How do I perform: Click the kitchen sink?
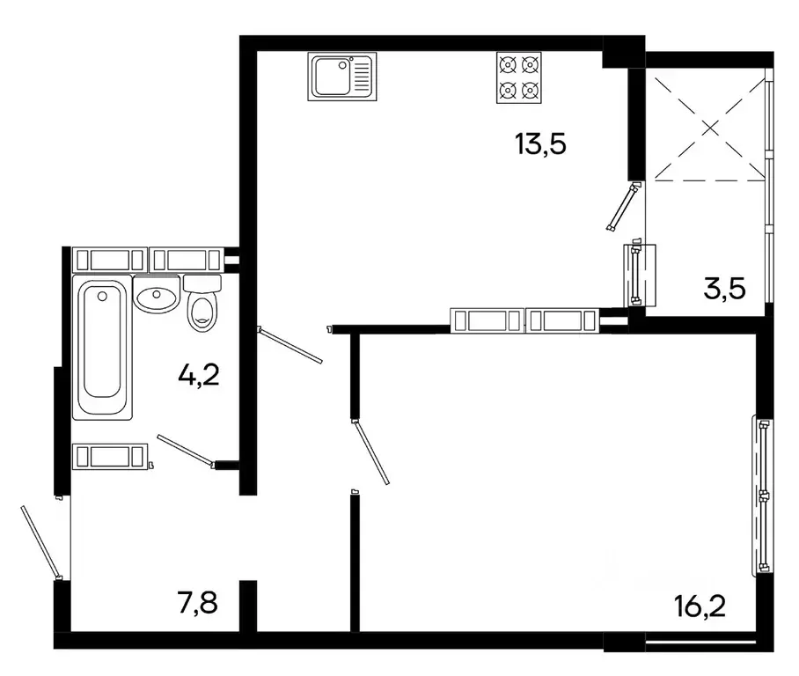coord(341,76)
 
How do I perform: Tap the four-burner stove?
coord(517,77)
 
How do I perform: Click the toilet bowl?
coord(202,312)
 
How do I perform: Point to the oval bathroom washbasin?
coord(157,298)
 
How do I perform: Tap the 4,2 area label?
coord(198,376)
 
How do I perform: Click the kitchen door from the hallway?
coord(290,346)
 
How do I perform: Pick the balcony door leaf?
coord(620,208)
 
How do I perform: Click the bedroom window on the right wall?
coord(763,496)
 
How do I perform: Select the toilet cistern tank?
coord(202,283)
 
